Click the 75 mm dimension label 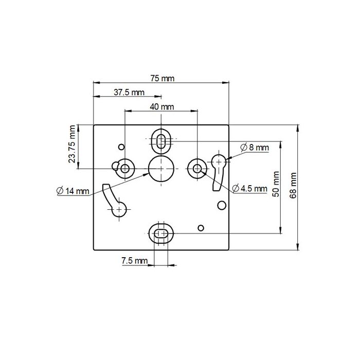coord(163,79)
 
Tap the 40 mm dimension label coord(161,107)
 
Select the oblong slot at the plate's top coord(161,139)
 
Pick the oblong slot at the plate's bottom coord(161,234)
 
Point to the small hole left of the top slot coord(121,147)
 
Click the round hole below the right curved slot coord(222,206)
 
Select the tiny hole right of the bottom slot coord(201,227)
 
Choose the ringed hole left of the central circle coord(125,168)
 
